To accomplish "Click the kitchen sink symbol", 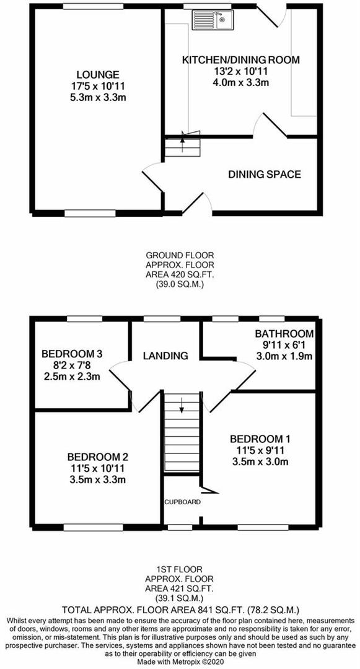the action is pyautogui.click(x=213, y=20).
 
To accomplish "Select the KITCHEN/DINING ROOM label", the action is pyautogui.click(x=241, y=60).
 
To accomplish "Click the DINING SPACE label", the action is pyautogui.click(x=265, y=174).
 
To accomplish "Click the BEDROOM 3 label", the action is pyautogui.click(x=72, y=354).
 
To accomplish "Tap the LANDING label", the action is pyautogui.click(x=165, y=356).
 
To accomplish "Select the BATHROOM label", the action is pyautogui.click(x=284, y=334).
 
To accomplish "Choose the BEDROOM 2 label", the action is pyautogui.click(x=98, y=457).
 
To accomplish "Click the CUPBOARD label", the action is pyautogui.click(x=183, y=502).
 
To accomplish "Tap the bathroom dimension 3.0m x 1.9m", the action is pyautogui.click(x=284, y=356).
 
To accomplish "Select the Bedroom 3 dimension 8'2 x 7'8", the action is pyautogui.click(x=72, y=365).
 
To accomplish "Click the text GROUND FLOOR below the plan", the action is pyautogui.click(x=173, y=256).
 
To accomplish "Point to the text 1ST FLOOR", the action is pyautogui.click(x=173, y=570).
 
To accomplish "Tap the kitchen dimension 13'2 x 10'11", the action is pyautogui.click(x=241, y=71).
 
